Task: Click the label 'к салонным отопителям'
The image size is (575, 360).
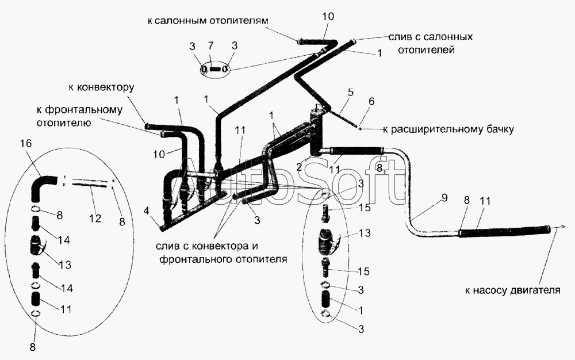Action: tap(208, 21)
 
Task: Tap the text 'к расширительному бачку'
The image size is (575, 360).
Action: tap(448, 129)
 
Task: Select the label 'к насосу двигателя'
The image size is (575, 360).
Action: tap(513, 291)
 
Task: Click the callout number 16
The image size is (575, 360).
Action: tap(26, 143)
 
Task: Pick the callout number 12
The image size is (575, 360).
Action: tap(95, 219)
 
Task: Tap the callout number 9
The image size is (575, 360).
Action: tap(444, 198)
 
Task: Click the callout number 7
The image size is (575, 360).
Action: tap(210, 46)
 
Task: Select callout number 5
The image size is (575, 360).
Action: tap(351, 92)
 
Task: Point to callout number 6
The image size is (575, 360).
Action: tap(371, 102)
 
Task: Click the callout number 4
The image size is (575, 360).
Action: tap(146, 212)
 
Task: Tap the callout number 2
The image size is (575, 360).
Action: tap(299, 167)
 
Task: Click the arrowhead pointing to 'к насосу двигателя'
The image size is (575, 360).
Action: tap(559, 228)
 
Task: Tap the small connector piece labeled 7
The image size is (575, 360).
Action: tap(216, 69)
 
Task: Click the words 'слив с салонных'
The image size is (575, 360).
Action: tap(431, 37)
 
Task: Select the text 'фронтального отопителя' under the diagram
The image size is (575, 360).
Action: tap(223, 259)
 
